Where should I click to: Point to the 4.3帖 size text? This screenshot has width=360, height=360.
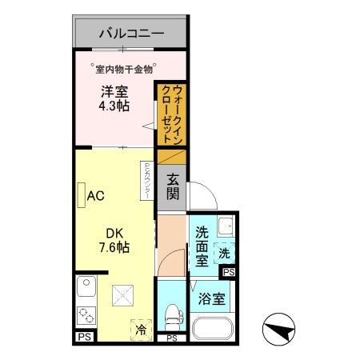[114, 106]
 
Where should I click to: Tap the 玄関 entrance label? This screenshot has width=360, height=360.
[173, 190]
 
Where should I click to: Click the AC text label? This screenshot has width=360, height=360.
[97, 196]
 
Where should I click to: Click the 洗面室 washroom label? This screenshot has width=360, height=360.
[202, 246]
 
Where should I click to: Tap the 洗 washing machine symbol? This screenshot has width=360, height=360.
[224, 253]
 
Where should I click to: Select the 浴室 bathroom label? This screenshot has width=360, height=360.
[211, 300]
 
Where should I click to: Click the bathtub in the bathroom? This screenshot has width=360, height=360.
[213, 329]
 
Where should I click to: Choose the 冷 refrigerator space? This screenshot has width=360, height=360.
[141, 328]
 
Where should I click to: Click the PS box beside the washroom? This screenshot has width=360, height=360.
[230, 273]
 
